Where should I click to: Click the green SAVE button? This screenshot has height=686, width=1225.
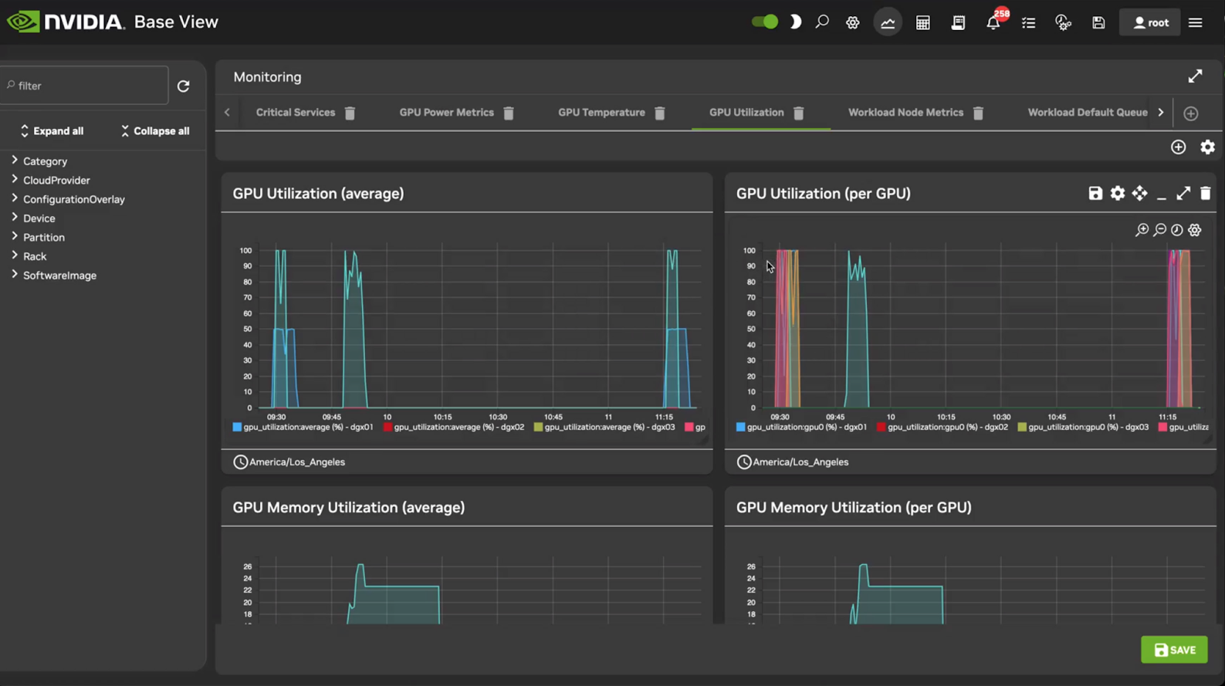(1174, 650)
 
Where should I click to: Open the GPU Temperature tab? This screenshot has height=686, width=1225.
(601, 113)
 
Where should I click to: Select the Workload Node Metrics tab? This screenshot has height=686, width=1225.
(905, 113)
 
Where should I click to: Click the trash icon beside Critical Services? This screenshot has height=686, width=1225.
(350, 113)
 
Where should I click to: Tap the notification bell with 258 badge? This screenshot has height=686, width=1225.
(993, 22)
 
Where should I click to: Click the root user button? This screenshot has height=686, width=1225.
(1150, 22)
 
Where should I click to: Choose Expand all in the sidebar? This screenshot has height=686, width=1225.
(52, 131)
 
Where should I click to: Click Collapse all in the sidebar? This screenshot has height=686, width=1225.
(155, 131)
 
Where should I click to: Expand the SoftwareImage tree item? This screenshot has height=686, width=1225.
(59, 275)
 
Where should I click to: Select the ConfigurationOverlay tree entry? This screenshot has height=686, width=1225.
(73, 199)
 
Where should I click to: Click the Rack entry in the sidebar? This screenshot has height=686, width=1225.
(35, 256)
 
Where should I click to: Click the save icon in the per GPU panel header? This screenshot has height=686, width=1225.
(1095, 194)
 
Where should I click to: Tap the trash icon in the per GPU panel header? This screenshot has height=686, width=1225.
(1205, 194)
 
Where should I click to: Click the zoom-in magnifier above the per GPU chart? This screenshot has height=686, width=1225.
(1142, 230)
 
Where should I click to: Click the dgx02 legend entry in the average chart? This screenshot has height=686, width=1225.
(458, 427)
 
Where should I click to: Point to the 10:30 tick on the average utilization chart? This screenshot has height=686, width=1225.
(498, 417)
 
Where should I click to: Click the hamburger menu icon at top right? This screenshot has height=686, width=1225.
(1195, 22)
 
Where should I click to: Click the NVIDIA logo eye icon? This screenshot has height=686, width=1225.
(23, 22)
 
